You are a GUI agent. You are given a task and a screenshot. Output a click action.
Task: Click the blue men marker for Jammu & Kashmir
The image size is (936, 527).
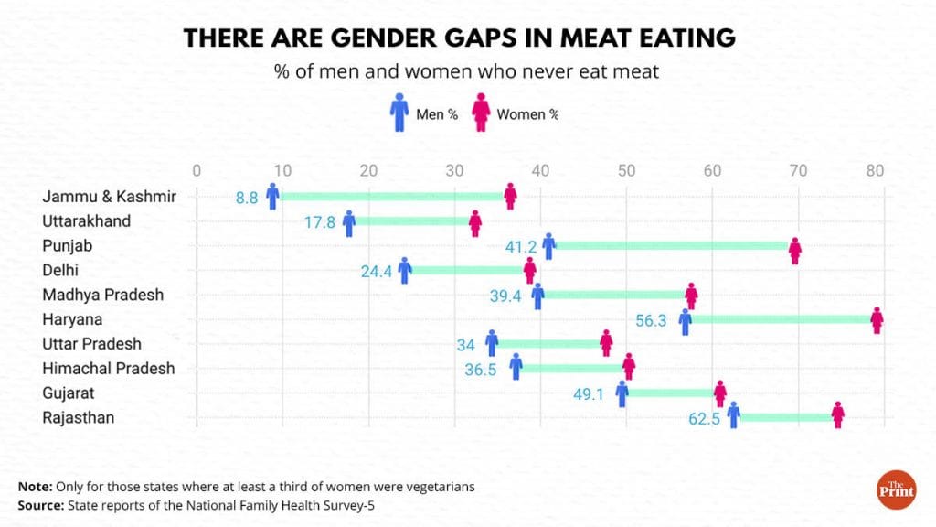coord(272,196)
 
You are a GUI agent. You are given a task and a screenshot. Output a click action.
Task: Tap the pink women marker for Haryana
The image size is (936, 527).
coord(877,319)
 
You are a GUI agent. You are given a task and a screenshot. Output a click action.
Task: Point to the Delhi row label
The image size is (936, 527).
coord(60,270)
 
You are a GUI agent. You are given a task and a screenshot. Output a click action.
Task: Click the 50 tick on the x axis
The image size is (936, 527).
coord(626,170)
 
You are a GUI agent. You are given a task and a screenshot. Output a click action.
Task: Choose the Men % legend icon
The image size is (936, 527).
coord(399,114)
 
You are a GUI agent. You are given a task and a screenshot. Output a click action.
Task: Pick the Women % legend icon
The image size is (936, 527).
coord(482,114)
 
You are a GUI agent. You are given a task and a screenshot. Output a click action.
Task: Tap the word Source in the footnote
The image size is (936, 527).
coord(40,504)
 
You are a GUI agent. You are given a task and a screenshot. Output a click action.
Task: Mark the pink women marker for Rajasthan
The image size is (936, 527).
coord(838,414)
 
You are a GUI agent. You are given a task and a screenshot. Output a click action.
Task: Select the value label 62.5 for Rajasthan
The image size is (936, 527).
coord(707,419)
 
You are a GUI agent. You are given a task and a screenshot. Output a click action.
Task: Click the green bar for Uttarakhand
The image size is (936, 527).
coord(411,220)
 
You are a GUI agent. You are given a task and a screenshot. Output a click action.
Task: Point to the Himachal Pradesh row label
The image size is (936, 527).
coord(108,369)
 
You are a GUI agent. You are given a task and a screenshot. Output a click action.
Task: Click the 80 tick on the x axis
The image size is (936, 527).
coord(876,170)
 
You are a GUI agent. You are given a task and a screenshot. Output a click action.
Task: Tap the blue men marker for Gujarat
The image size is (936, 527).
coord(622,393)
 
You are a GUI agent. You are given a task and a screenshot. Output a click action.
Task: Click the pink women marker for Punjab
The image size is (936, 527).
coord(795,250)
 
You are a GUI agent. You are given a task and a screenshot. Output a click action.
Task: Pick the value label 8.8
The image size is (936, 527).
coord(247,197)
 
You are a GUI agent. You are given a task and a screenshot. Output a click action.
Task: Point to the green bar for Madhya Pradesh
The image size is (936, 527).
coord(614,295)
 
